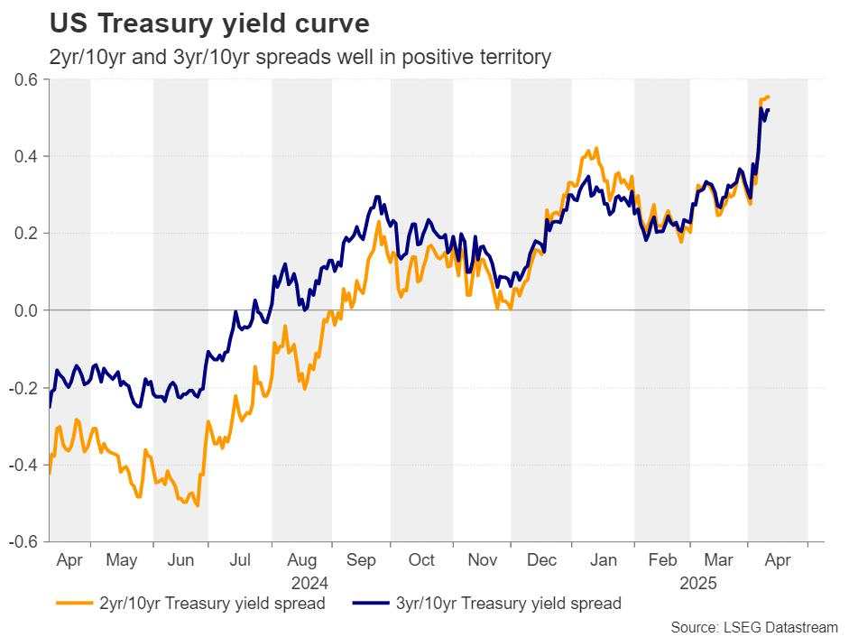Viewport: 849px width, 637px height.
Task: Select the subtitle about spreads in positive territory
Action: click(300, 57)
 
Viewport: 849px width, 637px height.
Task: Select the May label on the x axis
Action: click(122, 560)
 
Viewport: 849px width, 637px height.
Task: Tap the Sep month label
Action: click(361, 560)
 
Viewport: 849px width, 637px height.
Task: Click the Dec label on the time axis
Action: click(541, 560)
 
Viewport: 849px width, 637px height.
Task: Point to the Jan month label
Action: click(603, 560)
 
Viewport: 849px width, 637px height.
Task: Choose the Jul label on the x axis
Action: click(240, 560)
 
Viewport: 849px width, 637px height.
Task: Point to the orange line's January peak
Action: click(596, 148)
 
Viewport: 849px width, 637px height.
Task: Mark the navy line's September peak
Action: click(377, 196)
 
